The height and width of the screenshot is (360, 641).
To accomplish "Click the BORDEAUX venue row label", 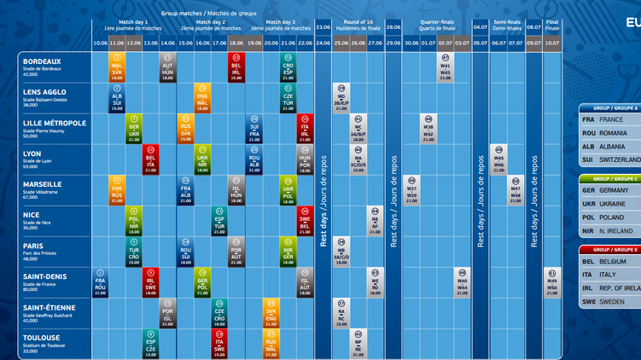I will [x=43, y=61].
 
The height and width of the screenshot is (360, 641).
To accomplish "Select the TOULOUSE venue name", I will [x=44, y=338].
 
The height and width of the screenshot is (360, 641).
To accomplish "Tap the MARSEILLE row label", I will [x=43, y=184].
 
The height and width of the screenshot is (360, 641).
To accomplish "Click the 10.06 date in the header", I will [x=100, y=42].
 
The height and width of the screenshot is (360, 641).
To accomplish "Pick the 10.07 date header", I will [x=552, y=42].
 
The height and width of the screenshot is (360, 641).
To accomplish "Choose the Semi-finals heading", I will [x=506, y=24].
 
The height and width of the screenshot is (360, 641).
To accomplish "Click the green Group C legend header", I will [x=611, y=179].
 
